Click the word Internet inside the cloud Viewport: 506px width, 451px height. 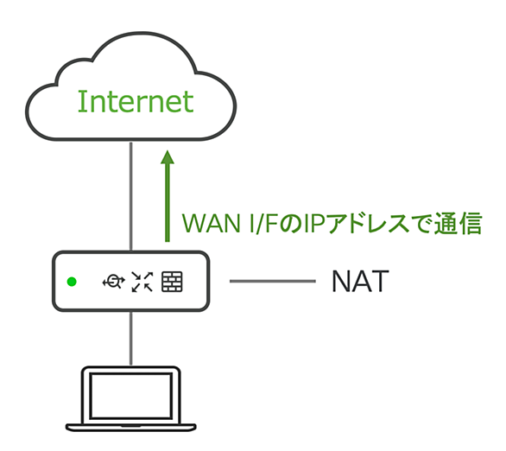tap(136, 101)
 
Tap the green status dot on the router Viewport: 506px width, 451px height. tap(72, 282)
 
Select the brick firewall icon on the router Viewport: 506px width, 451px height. tap(172, 282)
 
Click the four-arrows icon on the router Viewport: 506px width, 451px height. tap(142, 282)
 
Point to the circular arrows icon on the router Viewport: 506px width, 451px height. tap(113, 282)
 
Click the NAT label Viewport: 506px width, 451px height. tap(360, 281)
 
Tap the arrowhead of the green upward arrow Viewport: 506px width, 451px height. tap(168, 157)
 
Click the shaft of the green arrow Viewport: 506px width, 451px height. tap(168, 203)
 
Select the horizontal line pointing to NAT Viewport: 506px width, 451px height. tap(273, 281)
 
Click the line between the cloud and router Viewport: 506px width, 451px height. tap(131, 196)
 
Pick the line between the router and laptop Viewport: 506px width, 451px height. tap(131, 339)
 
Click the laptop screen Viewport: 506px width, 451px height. tap(130, 396)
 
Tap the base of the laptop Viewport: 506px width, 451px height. tap(131, 428)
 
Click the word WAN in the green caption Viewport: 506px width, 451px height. tap(212, 223)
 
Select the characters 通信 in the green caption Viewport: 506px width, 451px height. tap(459, 223)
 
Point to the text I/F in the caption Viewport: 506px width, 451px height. tap(263, 223)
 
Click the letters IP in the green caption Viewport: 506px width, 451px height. tap(314, 223)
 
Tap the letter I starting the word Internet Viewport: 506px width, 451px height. tap(79, 101)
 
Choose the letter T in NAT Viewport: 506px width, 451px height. tap(380, 281)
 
